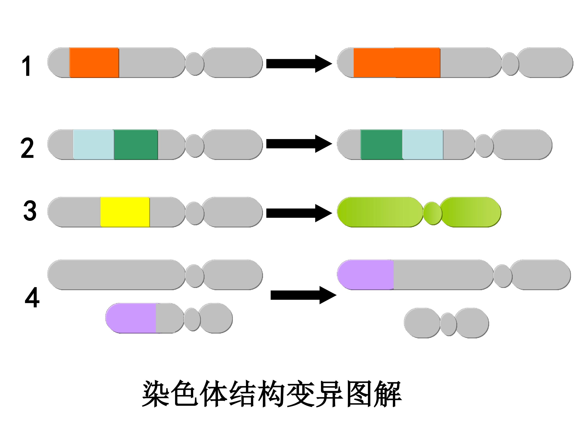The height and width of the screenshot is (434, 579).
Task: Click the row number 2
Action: [27, 148]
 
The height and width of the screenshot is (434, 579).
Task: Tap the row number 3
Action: [30, 211]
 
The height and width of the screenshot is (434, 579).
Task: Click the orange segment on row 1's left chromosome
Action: [94, 62]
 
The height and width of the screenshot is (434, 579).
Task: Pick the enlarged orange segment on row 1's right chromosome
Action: [397, 62]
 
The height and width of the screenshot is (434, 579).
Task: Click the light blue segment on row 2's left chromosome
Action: [94, 144]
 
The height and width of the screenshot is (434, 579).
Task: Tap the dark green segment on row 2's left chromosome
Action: [136, 144]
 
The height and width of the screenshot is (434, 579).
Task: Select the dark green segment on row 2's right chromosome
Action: [382, 144]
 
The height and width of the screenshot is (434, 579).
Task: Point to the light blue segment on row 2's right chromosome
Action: [423, 144]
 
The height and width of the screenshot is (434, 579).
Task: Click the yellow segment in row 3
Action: [125, 212]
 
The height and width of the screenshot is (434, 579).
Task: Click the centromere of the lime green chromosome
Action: [432, 213]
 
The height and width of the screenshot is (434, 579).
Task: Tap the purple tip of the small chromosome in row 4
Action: [131, 318]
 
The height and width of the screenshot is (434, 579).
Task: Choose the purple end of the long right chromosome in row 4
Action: [365, 275]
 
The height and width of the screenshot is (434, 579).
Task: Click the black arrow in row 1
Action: [299, 63]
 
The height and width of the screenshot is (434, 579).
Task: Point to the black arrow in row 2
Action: [299, 144]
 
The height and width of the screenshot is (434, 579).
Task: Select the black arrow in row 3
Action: [299, 213]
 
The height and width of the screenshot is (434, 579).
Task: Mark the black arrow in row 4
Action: [303, 295]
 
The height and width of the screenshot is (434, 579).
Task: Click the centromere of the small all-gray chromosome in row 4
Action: [448, 324]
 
